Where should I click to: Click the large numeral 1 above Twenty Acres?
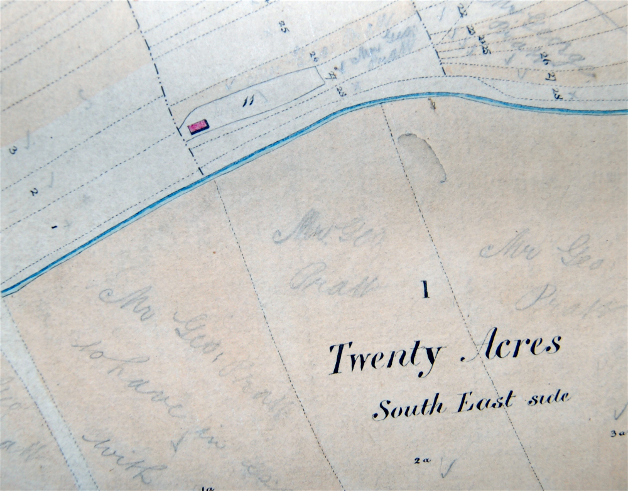(x=426, y=289)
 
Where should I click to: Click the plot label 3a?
(x=619, y=432)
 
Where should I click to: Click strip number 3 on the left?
(x=11, y=151)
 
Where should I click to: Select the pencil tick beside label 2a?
(x=447, y=467)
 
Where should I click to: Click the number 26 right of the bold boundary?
(x=541, y=60)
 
